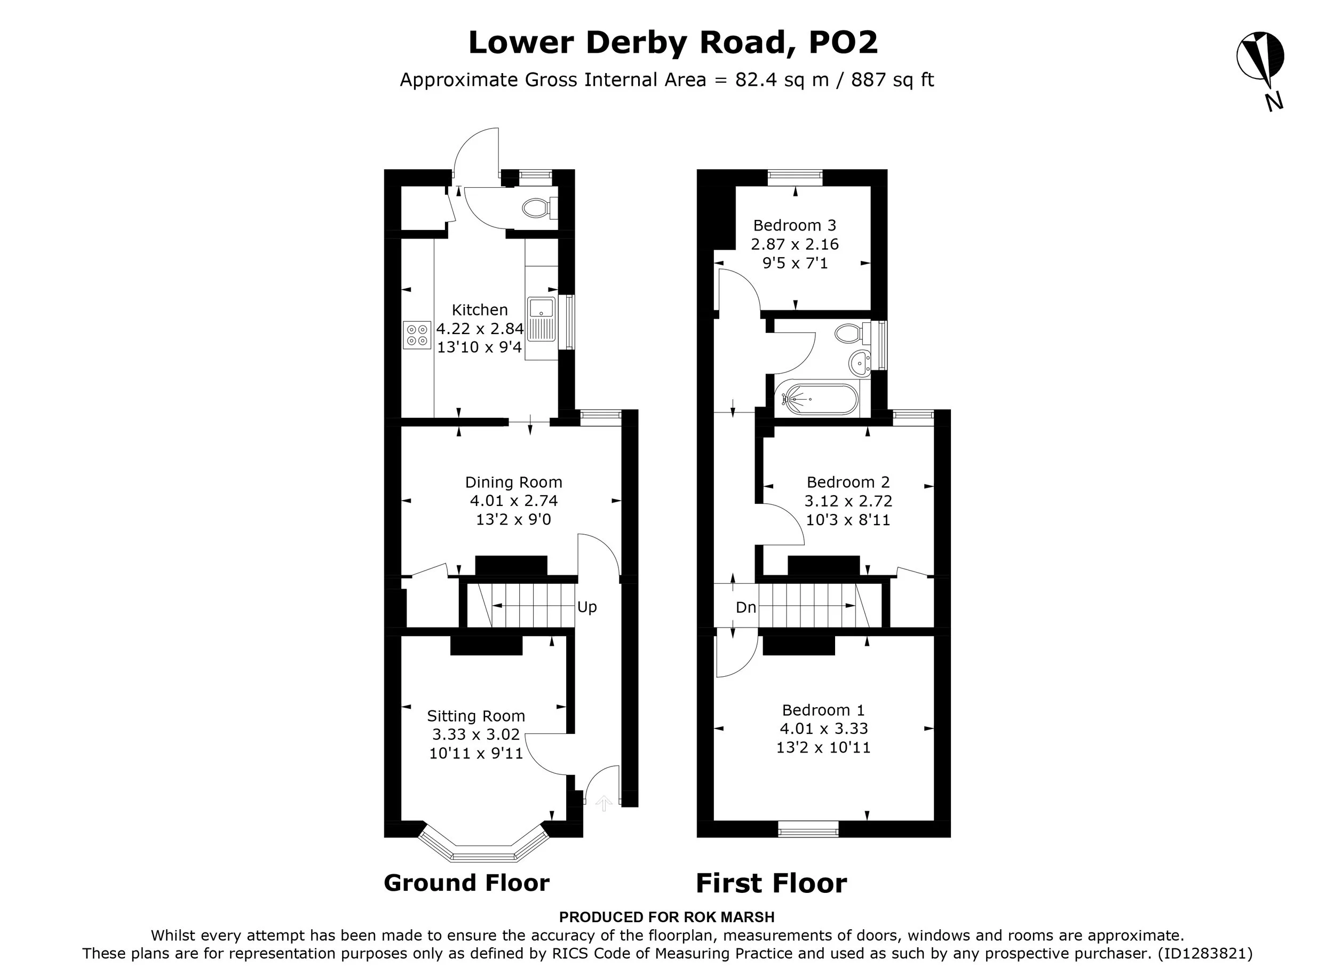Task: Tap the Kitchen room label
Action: click(x=479, y=310)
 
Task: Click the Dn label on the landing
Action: click(x=746, y=608)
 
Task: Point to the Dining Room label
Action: click(x=513, y=482)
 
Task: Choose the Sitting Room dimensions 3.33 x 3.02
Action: click(x=476, y=734)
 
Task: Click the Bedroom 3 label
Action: click(x=795, y=225)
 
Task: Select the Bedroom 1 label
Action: click(x=823, y=710)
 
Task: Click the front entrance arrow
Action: click(x=604, y=803)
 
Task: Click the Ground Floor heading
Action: click(x=466, y=882)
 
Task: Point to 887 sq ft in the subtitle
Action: click(x=892, y=80)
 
